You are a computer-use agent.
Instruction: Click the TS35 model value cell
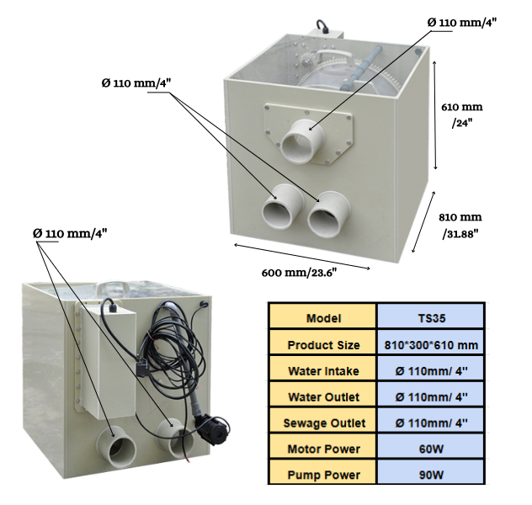(x=430, y=318)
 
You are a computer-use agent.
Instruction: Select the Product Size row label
(x=323, y=344)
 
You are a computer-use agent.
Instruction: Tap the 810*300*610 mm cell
(x=430, y=344)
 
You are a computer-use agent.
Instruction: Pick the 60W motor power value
(x=430, y=449)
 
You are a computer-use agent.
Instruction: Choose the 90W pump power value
(x=430, y=475)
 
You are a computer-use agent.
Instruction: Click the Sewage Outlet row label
(x=323, y=423)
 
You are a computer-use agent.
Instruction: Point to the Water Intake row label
(x=323, y=370)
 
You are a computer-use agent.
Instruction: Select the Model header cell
(x=323, y=318)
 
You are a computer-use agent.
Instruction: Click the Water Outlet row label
(x=323, y=396)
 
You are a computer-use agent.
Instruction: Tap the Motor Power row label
(x=323, y=449)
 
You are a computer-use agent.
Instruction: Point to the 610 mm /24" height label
(x=462, y=114)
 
